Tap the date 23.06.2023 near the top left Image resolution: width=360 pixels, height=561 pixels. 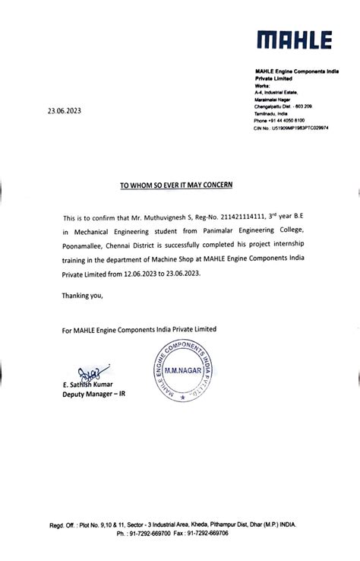(64, 111)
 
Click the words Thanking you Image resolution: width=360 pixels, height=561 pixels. (82, 295)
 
